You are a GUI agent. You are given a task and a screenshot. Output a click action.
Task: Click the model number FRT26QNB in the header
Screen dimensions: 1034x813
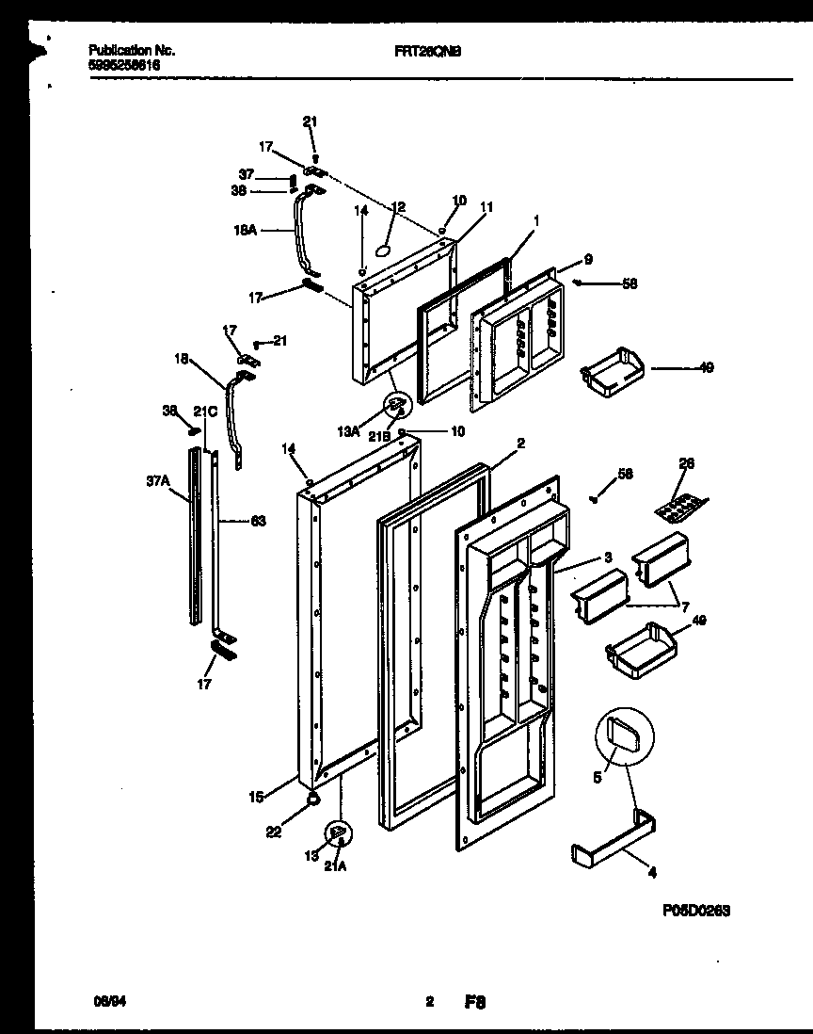click(427, 53)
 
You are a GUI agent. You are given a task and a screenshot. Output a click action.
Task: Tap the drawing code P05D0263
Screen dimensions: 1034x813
click(694, 911)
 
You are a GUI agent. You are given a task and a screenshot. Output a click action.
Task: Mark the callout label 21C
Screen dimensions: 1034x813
click(205, 412)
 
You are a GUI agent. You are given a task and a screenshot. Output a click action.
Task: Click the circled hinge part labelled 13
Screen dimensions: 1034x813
click(337, 833)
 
